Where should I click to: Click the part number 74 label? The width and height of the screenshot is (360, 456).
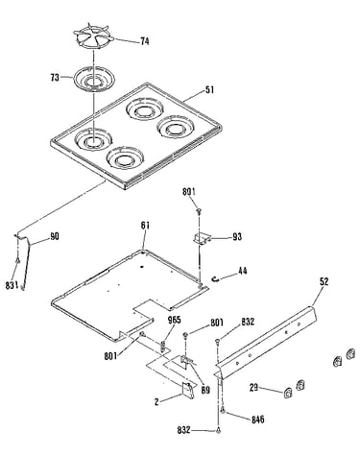click(x=145, y=41)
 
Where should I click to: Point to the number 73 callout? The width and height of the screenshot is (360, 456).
click(x=55, y=78)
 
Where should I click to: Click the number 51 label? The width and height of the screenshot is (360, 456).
click(x=209, y=90)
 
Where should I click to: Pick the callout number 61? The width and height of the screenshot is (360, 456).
click(x=145, y=226)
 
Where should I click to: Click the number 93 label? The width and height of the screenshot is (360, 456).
click(x=237, y=237)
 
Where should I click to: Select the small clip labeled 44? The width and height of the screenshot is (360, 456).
click(x=216, y=279)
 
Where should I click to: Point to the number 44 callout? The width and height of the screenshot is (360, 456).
click(x=243, y=271)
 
